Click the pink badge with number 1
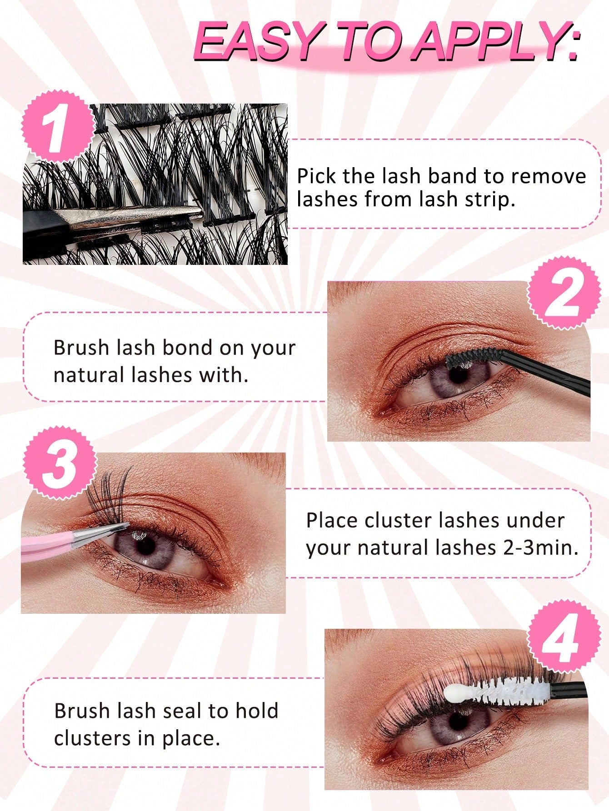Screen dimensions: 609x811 pos(58,126)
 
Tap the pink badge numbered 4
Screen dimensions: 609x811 pos(564,636)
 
